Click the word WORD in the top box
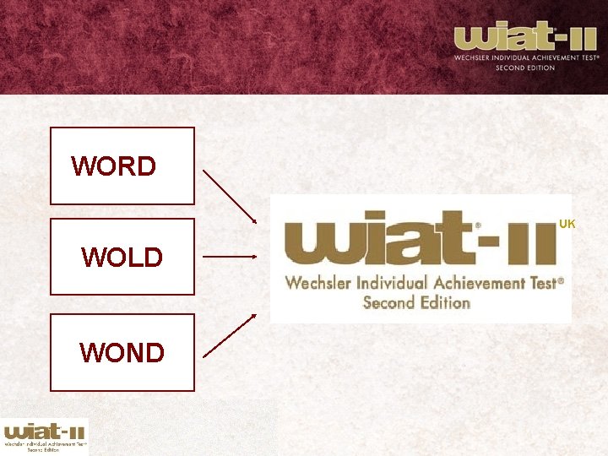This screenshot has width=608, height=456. [x=114, y=166]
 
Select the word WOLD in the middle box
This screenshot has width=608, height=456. [x=122, y=257]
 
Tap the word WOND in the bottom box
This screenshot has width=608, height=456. [x=122, y=352]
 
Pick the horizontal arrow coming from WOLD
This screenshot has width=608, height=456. [x=230, y=256]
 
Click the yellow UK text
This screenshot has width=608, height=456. [x=567, y=224]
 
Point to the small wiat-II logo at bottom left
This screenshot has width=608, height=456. [x=45, y=436]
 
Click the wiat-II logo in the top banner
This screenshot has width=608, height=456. [x=526, y=38]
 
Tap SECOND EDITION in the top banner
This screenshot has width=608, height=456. [x=525, y=68]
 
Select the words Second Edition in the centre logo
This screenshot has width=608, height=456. [x=416, y=301]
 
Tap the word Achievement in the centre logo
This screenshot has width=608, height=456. [x=485, y=283]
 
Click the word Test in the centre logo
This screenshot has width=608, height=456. [x=545, y=283]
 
